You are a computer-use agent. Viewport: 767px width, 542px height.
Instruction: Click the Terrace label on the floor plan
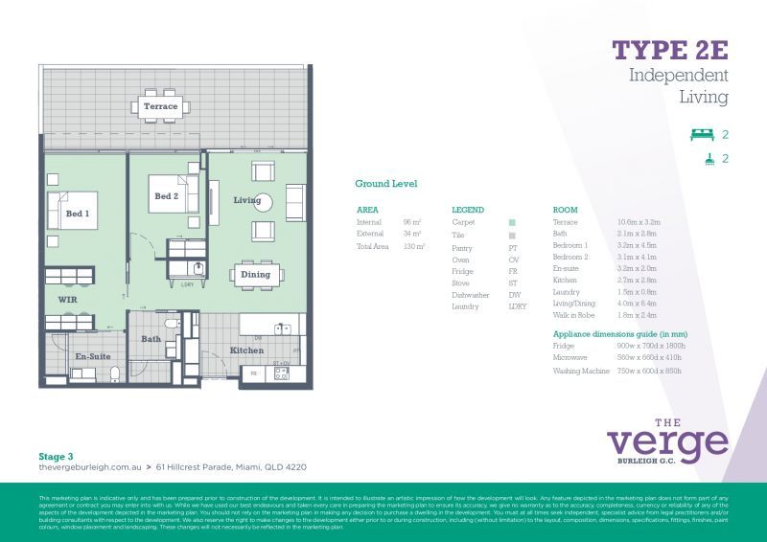(160, 106)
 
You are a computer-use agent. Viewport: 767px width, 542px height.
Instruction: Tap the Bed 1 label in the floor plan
(77, 214)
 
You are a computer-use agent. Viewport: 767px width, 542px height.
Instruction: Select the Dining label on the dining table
(256, 275)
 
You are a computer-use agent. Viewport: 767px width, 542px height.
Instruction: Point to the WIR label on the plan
(67, 300)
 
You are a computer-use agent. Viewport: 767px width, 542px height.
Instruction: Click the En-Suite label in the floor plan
(91, 356)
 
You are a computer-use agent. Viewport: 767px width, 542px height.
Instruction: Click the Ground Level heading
(385, 184)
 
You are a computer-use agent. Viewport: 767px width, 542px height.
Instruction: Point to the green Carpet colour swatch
(513, 222)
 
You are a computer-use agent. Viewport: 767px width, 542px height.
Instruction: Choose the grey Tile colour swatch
(513, 235)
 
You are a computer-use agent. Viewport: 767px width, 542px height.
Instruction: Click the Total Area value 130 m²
(413, 247)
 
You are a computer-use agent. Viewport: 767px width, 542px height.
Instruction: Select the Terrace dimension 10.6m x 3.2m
(638, 222)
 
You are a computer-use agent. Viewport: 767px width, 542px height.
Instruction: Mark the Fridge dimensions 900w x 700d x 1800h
(651, 345)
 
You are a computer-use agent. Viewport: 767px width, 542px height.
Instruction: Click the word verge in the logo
(667, 443)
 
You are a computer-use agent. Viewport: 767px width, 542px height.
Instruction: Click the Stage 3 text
(57, 457)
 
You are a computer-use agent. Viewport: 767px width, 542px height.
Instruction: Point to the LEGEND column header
(468, 210)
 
